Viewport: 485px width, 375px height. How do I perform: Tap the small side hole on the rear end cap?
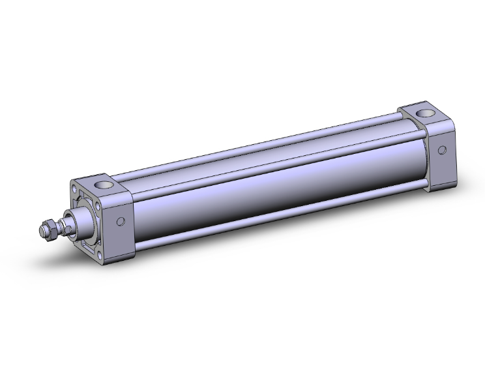tap(442, 150)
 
